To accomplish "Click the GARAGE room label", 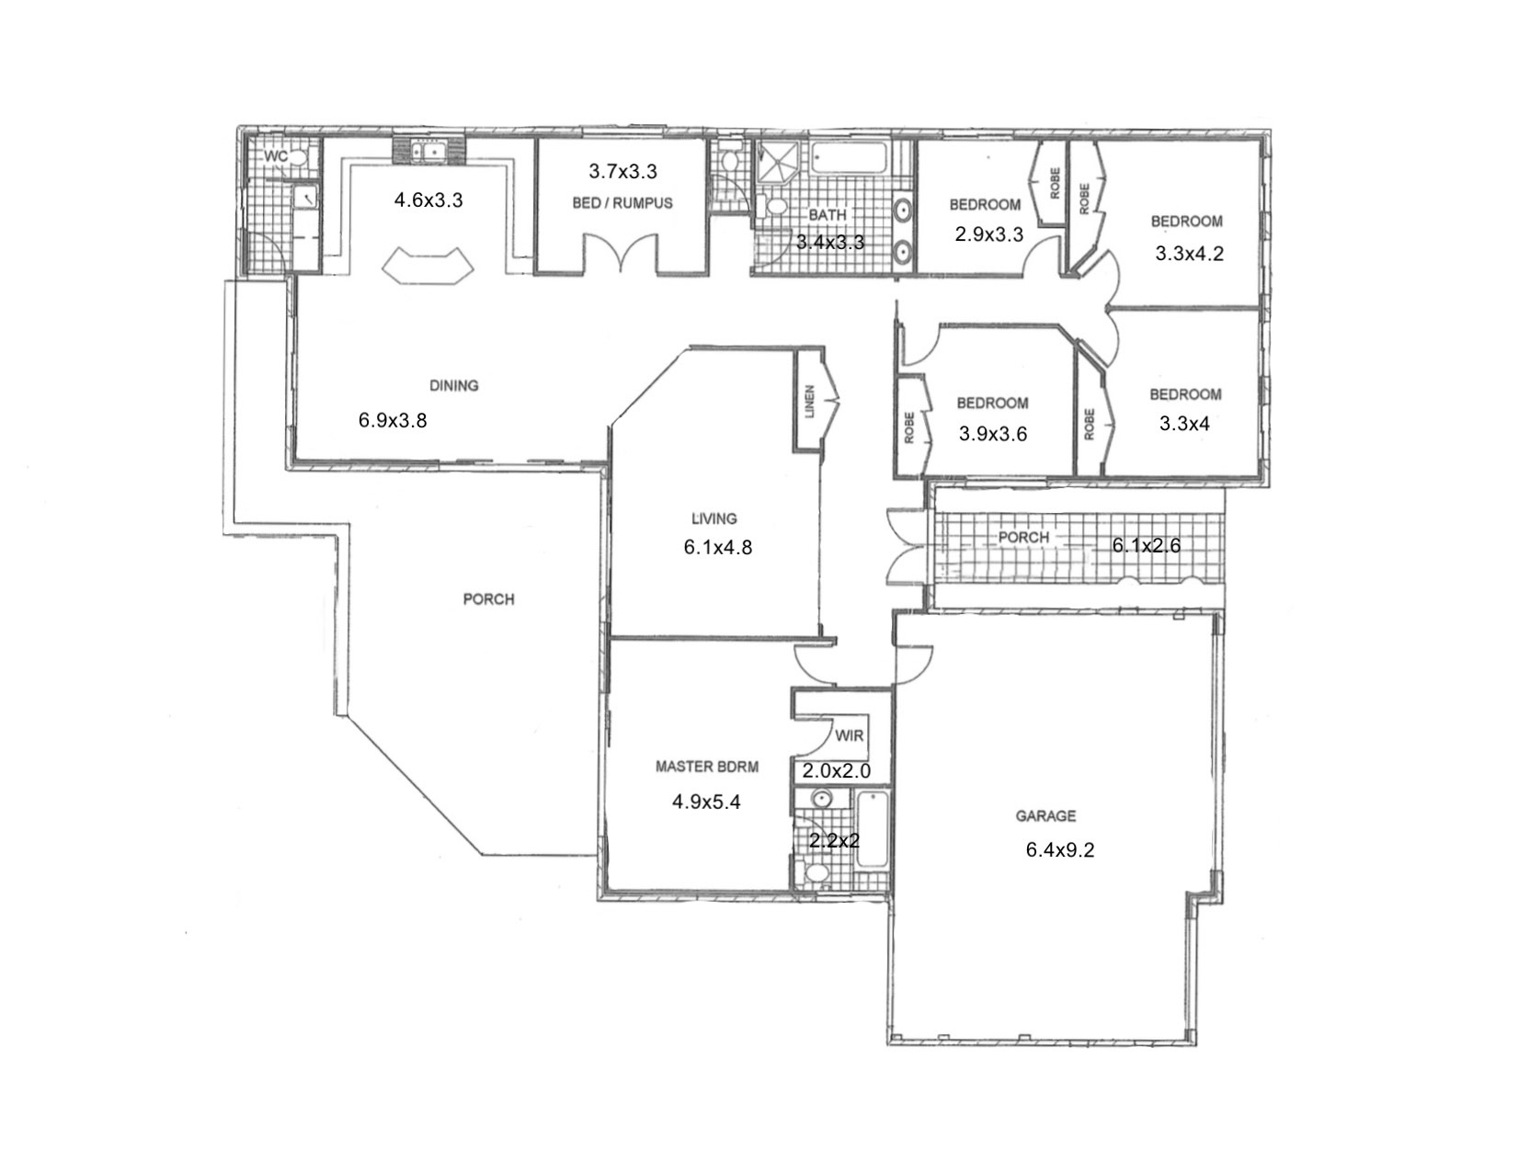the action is pos(1045,815).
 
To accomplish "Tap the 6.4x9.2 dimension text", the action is pos(1060,850).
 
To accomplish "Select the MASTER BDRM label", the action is pos(707,766).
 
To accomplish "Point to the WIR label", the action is pos(849,736).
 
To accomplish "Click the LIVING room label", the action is pos(714,518).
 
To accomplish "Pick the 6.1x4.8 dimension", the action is pos(718,548).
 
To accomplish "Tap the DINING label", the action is pos(454,386).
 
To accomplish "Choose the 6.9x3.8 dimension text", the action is pos(393,421).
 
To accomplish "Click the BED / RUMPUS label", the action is pos(622,203).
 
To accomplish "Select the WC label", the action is pos(276,156).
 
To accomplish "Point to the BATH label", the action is pos(828,215).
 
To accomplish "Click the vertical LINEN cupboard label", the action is pos(809,401).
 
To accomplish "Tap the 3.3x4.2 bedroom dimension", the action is pos(1190,255).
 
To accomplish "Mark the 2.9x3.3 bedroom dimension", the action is pos(989,234).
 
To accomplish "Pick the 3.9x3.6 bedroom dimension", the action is pos(993,434).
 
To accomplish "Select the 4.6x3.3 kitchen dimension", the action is pos(428,199).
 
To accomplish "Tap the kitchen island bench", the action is pos(428,265).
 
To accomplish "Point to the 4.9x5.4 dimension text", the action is pos(706,802).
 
